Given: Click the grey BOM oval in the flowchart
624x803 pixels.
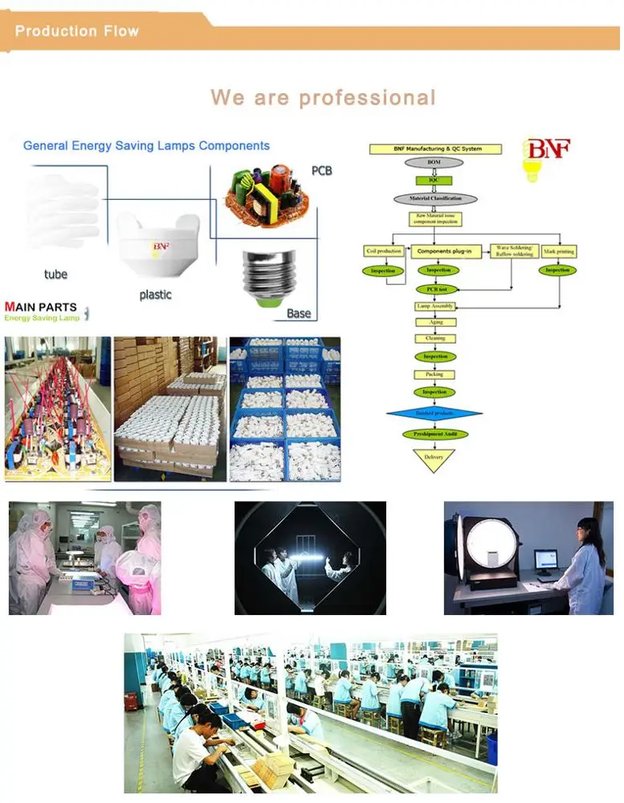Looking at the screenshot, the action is point(434,163).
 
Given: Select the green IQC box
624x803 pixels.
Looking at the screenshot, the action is point(434,181).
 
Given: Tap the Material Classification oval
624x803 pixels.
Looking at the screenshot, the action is point(434,198).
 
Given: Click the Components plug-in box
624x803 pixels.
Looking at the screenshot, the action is point(443,251).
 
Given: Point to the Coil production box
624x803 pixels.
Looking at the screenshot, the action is point(383,251).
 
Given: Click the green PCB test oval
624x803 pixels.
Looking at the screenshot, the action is point(436,288).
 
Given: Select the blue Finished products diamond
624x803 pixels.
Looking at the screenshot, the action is point(434,414).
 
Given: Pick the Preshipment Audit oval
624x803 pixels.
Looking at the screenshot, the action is point(434,434).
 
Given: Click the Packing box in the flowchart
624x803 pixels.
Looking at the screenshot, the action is point(434,374).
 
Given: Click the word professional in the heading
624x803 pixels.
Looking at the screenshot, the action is point(367,98).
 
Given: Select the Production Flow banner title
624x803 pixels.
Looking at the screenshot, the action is point(77,31).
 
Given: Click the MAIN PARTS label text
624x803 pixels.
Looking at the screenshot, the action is point(41,307).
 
